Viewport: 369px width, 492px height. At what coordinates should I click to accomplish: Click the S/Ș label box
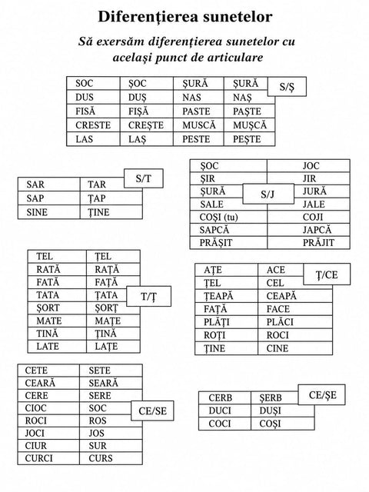click(x=287, y=87)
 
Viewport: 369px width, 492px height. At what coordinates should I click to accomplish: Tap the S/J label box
click(x=268, y=194)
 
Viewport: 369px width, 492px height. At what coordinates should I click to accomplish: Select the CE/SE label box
click(x=152, y=411)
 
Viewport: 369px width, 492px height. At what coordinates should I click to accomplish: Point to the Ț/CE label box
click(x=327, y=274)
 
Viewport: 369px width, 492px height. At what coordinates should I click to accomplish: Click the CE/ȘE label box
click(x=322, y=394)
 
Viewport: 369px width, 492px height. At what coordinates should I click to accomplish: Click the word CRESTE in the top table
click(x=93, y=125)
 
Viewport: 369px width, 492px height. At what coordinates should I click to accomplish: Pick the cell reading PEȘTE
click(x=249, y=139)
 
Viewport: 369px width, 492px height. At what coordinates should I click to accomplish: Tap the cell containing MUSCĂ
click(x=198, y=125)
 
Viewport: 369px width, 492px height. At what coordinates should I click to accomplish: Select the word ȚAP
click(x=97, y=198)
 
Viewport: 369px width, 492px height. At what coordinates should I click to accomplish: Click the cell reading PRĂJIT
click(x=309, y=243)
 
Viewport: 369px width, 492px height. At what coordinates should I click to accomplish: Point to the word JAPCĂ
click(x=317, y=230)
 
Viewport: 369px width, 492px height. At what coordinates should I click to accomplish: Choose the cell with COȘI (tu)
click(x=228, y=217)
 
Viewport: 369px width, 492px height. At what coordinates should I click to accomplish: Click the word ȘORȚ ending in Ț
click(x=106, y=308)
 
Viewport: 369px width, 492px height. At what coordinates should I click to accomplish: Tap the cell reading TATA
click(x=57, y=295)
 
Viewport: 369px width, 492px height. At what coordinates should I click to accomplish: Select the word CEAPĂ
click(x=281, y=296)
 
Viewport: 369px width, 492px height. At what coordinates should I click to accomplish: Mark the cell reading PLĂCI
click(x=295, y=322)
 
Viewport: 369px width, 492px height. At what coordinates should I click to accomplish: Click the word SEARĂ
click(x=103, y=383)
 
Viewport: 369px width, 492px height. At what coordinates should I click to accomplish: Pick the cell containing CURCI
click(x=48, y=458)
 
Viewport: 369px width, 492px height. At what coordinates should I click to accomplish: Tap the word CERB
click(x=221, y=398)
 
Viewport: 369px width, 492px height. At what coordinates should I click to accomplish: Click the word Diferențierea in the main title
click(x=148, y=17)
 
